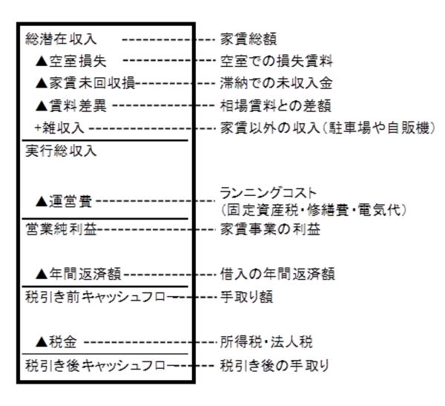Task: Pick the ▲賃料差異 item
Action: (x=71, y=105)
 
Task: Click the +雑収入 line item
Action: (x=60, y=128)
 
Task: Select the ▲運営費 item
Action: (x=66, y=200)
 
